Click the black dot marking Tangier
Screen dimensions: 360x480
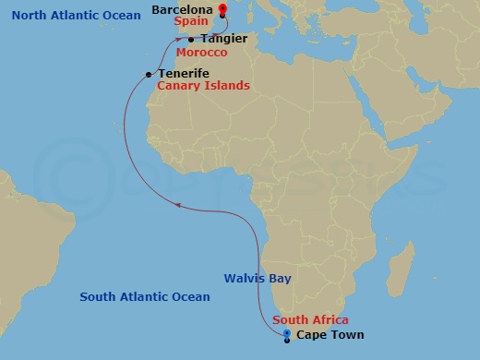point(190,40)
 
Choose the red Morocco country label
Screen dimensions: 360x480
point(201,52)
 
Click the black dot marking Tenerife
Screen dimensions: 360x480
point(149,75)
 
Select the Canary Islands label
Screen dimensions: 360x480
point(203,86)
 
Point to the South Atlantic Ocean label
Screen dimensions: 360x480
point(145,297)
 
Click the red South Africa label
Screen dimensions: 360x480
point(311,320)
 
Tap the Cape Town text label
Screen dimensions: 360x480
point(330,335)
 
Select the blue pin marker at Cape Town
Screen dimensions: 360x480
point(287,334)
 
